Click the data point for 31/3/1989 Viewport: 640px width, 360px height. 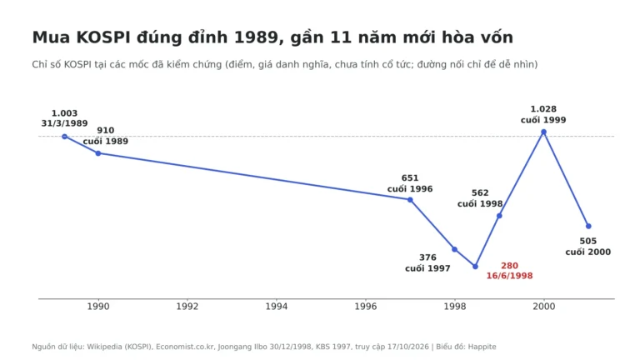tap(64, 137)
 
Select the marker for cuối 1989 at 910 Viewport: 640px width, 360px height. tap(98, 153)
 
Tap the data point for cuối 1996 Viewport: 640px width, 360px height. tap(410, 200)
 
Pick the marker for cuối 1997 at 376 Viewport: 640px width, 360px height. tap(454, 249)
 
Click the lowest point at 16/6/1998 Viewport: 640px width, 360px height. tap(475, 267)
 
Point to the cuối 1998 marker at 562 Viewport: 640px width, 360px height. tap(499, 216)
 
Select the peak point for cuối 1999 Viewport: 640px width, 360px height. tap(543, 132)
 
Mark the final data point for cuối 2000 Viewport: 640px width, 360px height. tap(588, 226)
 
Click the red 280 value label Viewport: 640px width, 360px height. tap(509, 266)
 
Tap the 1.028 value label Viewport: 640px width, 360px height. tap(543, 109)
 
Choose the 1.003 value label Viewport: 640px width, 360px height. tap(64, 113)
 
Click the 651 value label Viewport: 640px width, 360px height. tap(410, 178)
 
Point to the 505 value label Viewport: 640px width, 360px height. tap(587, 241)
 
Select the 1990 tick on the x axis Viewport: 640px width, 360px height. tap(98, 306)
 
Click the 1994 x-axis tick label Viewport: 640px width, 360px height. tap(277, 306)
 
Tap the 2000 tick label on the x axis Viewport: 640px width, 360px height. tap(543, 306)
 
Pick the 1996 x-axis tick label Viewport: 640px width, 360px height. tap(366, 306)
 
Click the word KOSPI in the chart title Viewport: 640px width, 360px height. tap(103, 37)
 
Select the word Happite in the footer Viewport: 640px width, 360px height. tap(482, 347)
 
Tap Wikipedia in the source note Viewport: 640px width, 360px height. tap(104, 347)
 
